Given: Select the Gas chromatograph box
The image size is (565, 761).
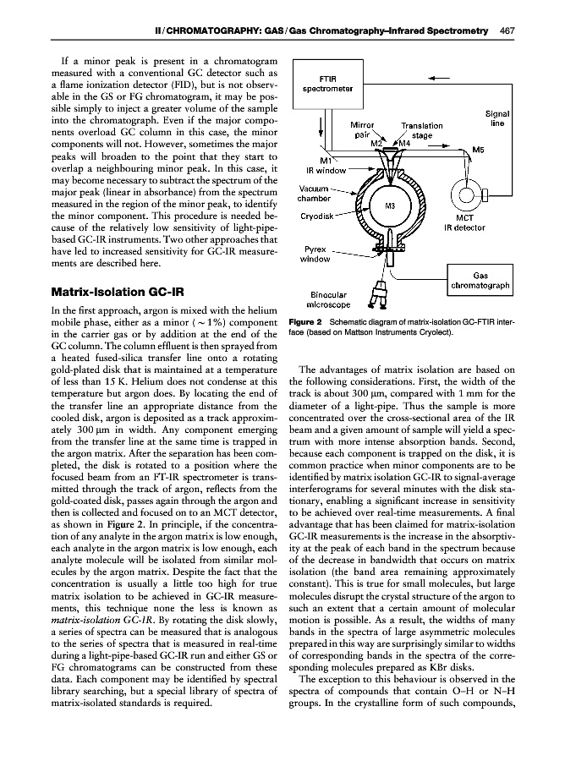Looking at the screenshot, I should (480, 281).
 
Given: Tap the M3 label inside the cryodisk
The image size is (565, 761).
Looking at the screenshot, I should (391, 205).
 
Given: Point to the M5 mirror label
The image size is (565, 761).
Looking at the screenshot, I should (479, 151).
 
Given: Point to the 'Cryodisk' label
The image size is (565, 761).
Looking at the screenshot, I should (318, 217).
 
